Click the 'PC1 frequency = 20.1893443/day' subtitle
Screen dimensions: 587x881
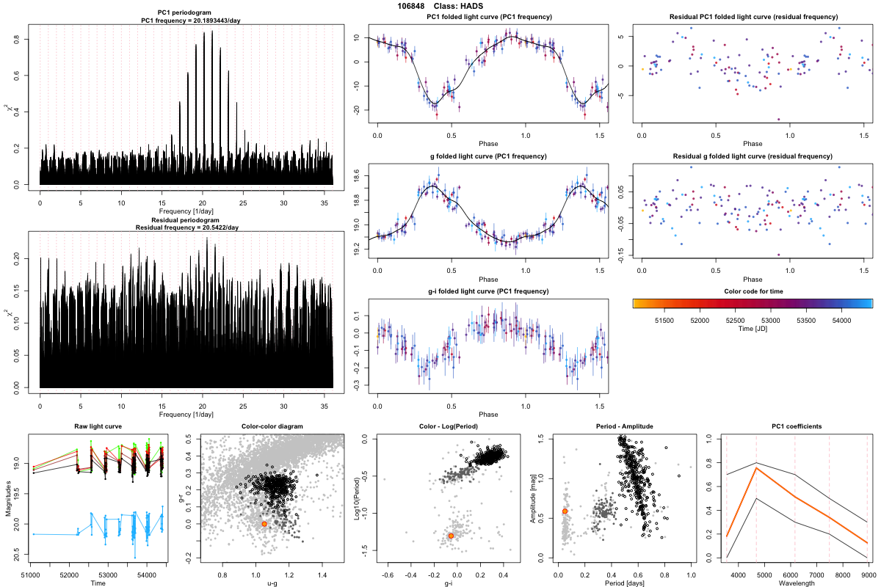190,21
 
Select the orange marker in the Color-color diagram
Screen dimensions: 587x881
264,524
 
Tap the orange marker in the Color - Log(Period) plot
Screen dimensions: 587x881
450,536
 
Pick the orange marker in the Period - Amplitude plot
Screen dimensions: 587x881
565,511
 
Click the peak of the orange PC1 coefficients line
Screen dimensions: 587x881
755,468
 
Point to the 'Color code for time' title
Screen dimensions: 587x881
753,292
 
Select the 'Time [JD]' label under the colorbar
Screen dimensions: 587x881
753,330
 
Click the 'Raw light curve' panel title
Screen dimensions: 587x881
98,426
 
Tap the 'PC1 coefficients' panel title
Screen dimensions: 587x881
797,426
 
